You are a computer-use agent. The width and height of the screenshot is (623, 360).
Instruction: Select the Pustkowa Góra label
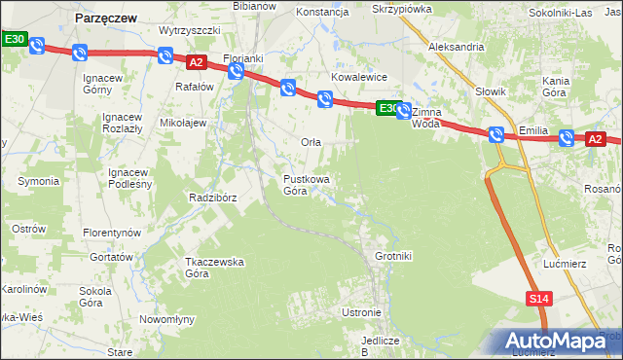[307, 185]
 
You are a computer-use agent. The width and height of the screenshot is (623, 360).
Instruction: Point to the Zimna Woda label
[426, 118]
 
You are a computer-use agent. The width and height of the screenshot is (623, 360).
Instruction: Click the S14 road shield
[540, 299]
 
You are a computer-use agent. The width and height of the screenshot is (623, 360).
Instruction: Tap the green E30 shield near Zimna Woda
[387, 108]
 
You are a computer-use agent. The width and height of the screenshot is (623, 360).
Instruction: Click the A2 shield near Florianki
[196, 62]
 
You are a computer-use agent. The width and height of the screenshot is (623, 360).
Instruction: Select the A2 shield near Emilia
[595, 139]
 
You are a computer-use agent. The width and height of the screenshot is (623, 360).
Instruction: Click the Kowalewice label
[359, 76]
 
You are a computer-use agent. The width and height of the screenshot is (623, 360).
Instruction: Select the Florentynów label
[112, 234]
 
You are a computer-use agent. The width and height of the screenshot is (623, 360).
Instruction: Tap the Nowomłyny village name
[167, 319]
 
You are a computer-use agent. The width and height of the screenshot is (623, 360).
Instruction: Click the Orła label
[311, 142]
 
